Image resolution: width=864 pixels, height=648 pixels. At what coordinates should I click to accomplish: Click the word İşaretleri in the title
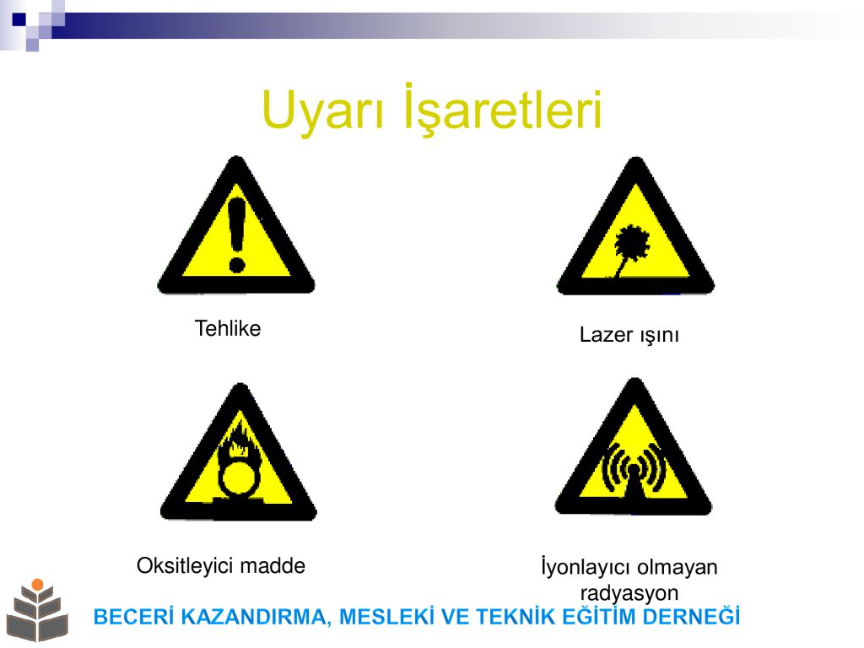(503, 108)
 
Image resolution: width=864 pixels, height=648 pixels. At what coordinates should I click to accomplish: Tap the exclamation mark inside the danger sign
(237, 235)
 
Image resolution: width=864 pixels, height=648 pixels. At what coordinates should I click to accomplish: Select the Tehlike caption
(228, 328)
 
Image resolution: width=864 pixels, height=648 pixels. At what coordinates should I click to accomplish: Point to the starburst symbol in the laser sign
(631, 242)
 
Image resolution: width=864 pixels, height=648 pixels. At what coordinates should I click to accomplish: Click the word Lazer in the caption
(606, 334)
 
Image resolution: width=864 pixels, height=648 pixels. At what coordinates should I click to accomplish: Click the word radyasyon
(629, 593)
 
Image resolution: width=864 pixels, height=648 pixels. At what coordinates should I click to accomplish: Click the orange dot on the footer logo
(37, 585)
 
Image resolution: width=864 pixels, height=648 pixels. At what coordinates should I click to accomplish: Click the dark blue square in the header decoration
(19, 19)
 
